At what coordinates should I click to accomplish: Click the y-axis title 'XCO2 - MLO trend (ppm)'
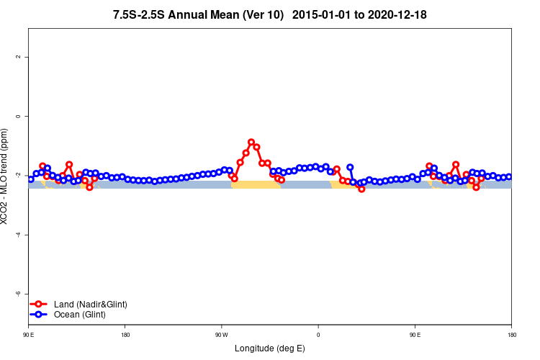pyautogui.click(x=6, y=176)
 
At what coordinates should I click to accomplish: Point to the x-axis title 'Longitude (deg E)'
pyautogui.click(x=270, y=348)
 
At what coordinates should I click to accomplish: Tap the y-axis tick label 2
pyautogui.click(x=18, y=57)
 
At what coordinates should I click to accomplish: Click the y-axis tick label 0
pyautogui.click(x=18, y=116)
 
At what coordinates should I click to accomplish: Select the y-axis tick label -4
pyautogui.click(x=18, y=235)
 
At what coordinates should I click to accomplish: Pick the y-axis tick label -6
pyautogui.click(x=18, y=294)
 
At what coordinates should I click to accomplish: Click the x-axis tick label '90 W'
pyautogui.click(x=221, y=334)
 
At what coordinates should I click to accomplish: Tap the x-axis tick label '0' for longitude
pyautogui.click(x=318, y=334)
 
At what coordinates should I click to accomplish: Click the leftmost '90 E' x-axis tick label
pyautogui.click(x=28, y=334)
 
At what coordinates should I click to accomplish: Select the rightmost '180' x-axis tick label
pyautogui.click(x=511, y=334)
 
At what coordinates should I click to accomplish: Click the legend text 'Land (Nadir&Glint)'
pyautogui.click(x=91, y=305)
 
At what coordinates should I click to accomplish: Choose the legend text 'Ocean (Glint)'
pyautogui.click(x=80, y=315)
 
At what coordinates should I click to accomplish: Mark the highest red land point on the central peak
pyautogui.click(x=251, y=143)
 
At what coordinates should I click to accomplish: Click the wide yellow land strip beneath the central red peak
pyautogui.click(x=256, y=185)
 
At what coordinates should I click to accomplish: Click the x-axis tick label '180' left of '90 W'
pyautogui.click(x=125, y=334)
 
